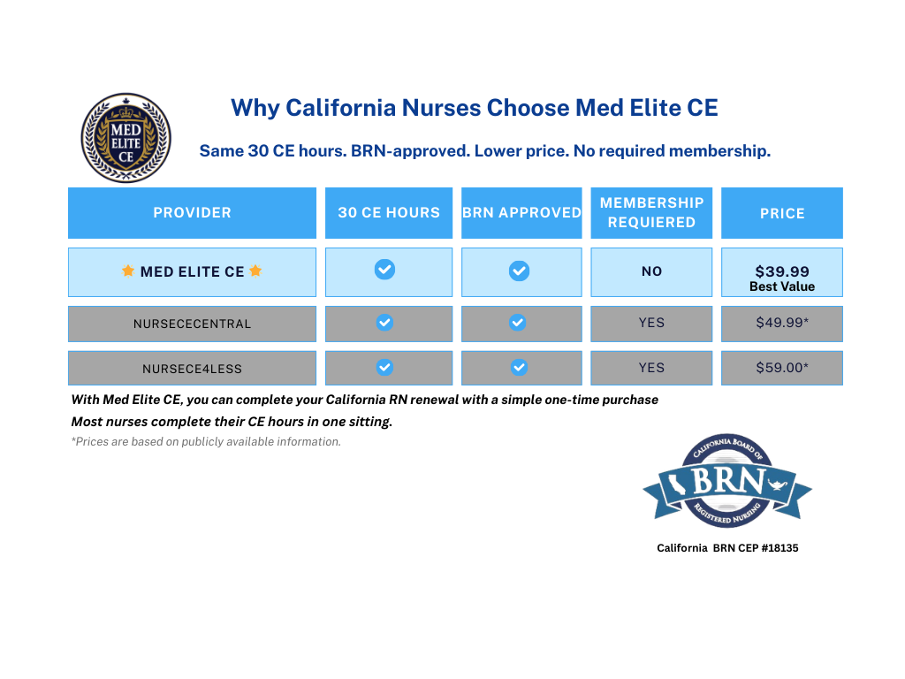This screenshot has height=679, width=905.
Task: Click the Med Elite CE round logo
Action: click(125, 138)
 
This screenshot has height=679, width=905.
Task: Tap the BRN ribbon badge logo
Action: click(727, 480)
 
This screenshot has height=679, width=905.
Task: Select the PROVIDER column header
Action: click(192, 212)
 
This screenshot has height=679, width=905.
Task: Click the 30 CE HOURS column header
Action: click(389, 212)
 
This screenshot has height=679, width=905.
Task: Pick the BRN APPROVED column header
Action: click(521, 212)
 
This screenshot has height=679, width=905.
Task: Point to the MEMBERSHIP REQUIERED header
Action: click(651, 212)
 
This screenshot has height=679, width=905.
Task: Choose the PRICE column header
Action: click(782, 213)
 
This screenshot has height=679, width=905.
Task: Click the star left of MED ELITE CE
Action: click(128, 271)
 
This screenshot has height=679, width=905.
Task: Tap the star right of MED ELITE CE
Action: click(255, 271)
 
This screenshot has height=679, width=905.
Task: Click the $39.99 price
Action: click(782, 271)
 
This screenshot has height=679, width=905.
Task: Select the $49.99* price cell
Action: click(782, 323)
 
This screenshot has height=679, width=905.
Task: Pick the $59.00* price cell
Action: click(782, 368)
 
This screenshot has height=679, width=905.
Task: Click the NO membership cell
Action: click(651, 272)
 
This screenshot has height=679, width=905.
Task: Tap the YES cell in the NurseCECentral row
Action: click(651, 323)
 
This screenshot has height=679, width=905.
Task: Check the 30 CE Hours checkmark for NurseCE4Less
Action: click(385, 367)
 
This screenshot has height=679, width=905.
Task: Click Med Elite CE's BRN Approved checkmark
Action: click(520, 271)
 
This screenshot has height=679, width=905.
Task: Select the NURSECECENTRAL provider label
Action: click(192, 324)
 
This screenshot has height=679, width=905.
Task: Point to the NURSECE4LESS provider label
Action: click(192, 369)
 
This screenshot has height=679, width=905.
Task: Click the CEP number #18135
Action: click(780, 548)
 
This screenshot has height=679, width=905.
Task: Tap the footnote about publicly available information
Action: click(206, 442)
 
